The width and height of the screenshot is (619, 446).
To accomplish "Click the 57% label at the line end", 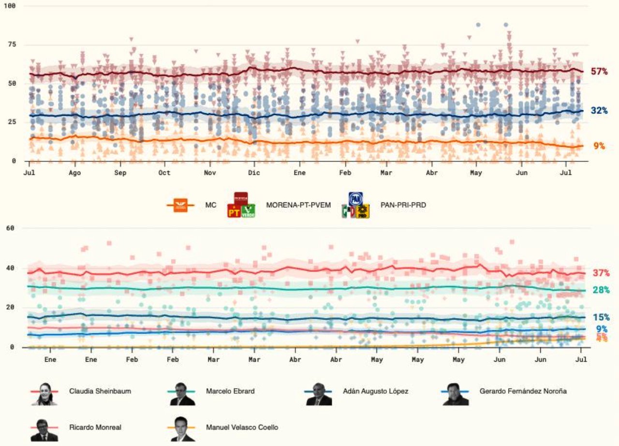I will click(x=599, y=71).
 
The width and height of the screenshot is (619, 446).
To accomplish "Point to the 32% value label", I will click(x=599, y=110).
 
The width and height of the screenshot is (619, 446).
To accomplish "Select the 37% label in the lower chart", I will click(x=601, y=273).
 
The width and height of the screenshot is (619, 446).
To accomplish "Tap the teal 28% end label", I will click(x=601, y=290).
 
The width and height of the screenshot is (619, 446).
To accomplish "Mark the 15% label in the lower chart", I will click(x=601, y=317).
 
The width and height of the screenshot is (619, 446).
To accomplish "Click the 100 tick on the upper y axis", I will click(x=10, y=6).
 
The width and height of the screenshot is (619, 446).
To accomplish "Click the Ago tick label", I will click(x=74, y=173).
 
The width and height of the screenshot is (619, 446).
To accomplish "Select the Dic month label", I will click(x=254, y=173).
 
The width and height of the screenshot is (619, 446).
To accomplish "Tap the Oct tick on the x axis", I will click(x=164, y=173).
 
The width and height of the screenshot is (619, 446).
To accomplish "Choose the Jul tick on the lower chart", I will click(x=581, y=359).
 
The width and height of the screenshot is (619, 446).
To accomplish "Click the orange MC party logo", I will click(x=180, y=205).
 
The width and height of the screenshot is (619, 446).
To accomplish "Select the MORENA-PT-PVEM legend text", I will click(x=298, y=205).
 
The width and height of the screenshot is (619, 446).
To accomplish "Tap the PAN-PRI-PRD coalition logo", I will click(x=355, y=205).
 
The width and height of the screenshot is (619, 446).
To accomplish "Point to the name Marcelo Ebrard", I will click(x=230, y=391).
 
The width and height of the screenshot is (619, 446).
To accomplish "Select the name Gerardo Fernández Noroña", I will click(x=523, y=391).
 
